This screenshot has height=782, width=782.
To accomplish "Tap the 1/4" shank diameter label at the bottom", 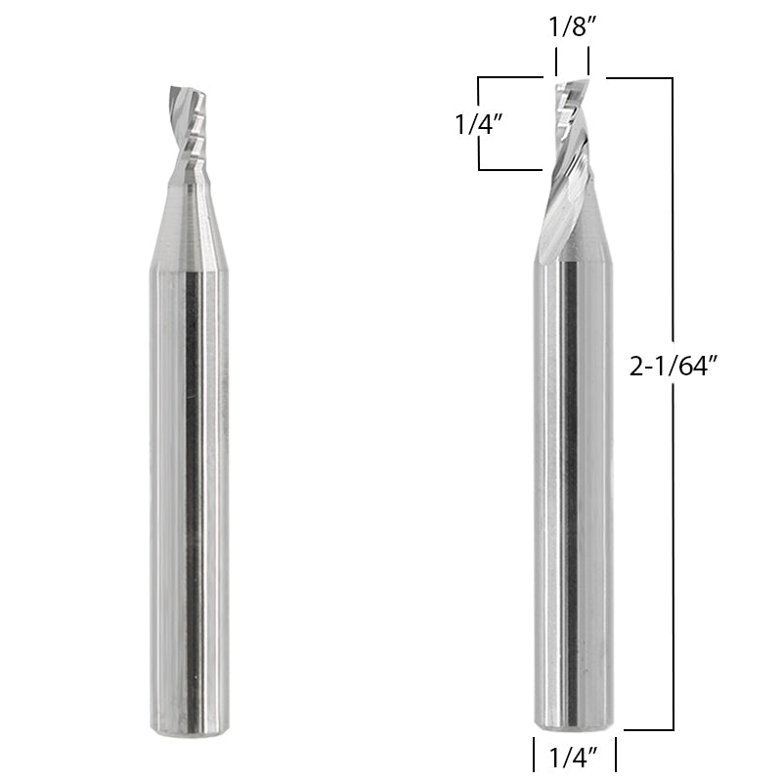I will click(573, 756).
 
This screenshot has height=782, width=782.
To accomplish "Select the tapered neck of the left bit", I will click(188, 220).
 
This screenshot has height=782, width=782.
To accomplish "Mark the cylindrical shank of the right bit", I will click(574, 489).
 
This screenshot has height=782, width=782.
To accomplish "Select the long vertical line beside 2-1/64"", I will click(673, 547).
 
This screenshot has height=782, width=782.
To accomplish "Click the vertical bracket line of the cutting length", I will click(479, 124).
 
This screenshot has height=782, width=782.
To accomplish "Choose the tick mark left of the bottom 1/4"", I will click(534, 756).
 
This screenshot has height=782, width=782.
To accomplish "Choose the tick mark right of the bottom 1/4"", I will click(615, 756).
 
